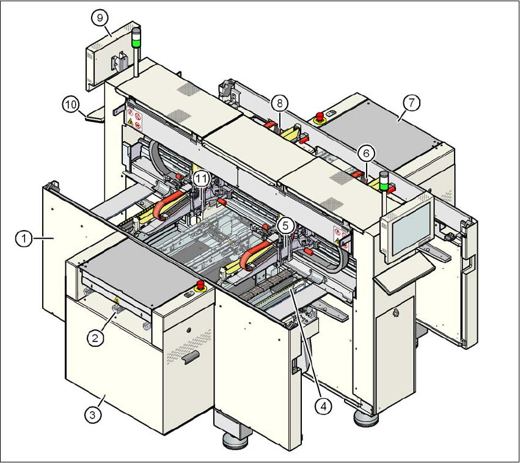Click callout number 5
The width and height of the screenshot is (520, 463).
click(285, 225)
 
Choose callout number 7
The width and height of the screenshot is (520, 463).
click(411, 103)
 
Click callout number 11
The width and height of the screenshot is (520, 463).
click(202, 178)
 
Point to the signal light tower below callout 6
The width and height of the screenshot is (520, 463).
click(384, 181)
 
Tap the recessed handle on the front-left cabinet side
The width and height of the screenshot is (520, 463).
click(191, 356)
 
